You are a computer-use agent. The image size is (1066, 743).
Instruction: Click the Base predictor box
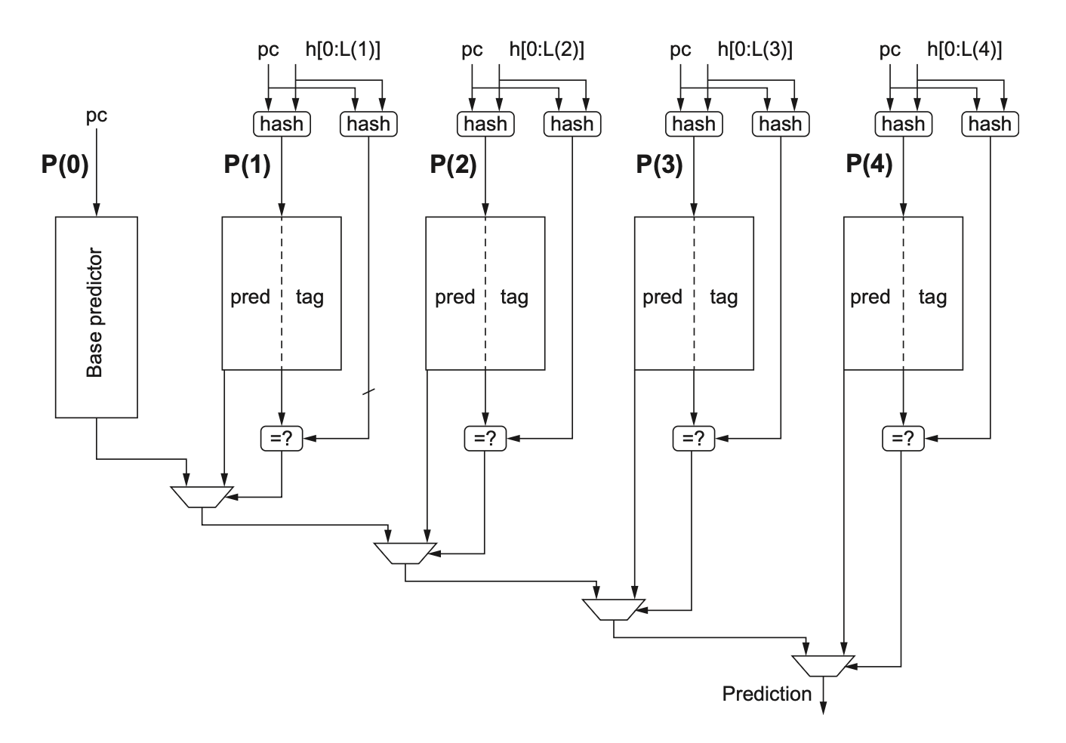pos(96,317)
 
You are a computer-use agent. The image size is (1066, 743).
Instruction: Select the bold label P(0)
pos(65,165)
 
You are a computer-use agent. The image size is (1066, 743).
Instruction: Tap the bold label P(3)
pos(659,165)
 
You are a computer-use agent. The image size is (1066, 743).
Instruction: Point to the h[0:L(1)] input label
pos(342,50)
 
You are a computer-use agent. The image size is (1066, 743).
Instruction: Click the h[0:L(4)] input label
pos(964,50)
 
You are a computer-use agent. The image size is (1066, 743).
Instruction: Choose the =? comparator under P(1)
pos(282,438)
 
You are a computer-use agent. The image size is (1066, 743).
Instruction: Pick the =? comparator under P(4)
pos(903,438)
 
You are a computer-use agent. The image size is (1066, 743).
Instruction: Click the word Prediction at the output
pos(766,694)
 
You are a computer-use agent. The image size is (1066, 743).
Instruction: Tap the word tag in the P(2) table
pos(514,297)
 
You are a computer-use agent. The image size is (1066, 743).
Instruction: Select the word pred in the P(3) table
pos(662,297)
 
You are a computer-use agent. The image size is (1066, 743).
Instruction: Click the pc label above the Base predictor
pos(97,116)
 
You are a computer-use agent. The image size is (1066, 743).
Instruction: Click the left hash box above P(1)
pos(282,124)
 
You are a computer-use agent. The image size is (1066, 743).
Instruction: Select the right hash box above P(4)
pos(990,124)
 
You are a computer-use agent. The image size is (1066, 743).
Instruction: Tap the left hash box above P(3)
pos(694,124)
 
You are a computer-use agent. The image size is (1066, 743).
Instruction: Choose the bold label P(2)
pos(453,165)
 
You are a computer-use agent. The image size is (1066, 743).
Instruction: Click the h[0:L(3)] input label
pos(755,50)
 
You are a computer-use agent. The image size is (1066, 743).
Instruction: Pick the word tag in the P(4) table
pos(932,297)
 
